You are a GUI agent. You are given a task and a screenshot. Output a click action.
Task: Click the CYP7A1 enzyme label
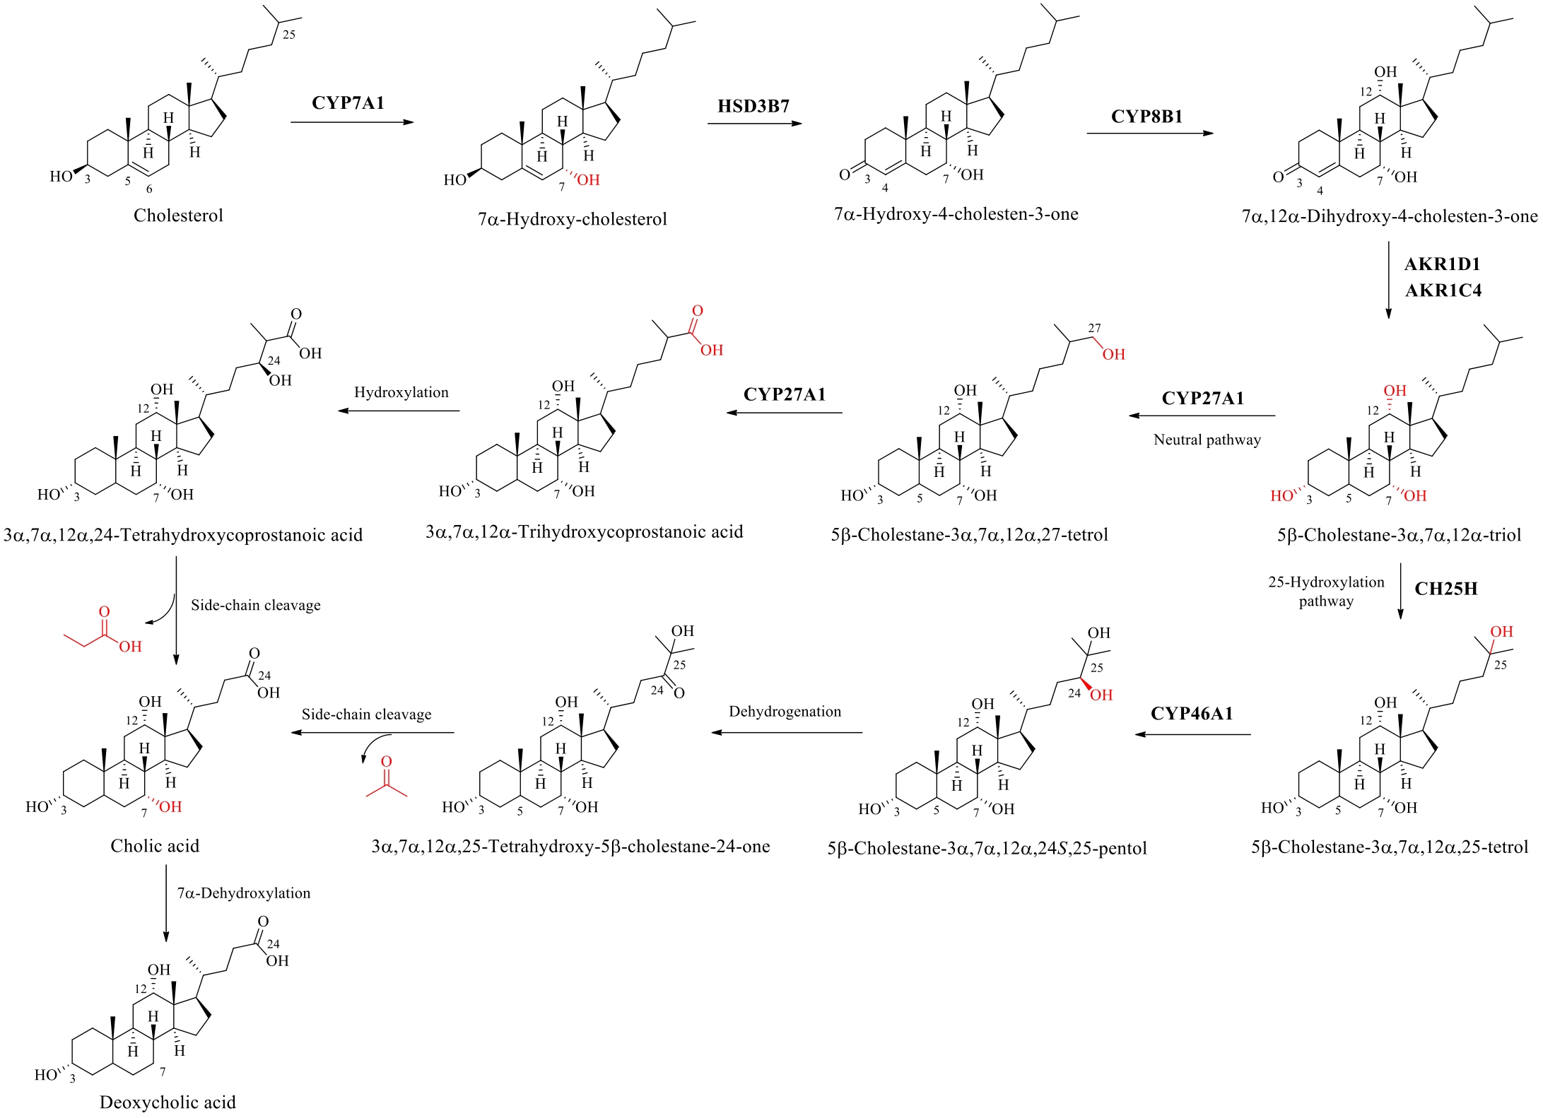pyautogui.click(x=348, y=103)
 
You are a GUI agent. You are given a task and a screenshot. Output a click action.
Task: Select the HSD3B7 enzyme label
pyautogui.click(x=753, y=107)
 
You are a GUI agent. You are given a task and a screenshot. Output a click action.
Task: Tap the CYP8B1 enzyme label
pyautogui.click(x=1146, y=117)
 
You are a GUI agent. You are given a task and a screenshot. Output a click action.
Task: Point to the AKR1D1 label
pyautogui.click(x=1442, y=264)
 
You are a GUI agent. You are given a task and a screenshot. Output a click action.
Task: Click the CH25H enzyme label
pyautogui.click(x=1445, y=589)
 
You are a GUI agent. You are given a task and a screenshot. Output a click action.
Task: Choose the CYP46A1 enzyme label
pyautogui.click(x=1192, y=714)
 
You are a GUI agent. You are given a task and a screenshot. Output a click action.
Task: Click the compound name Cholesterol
pyautogui.click(x=178, y=216)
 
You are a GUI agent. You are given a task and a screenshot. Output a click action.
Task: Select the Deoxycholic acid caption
pyautogui.click(x=168, y=1102)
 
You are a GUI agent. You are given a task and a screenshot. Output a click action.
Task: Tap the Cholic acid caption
pyautogui.click(x=155, y=846)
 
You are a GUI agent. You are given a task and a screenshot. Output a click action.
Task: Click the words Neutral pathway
pyautogui.click(x=1207, y=440)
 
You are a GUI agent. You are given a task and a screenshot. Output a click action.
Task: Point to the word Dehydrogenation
pyautogui.click(x=785, y=712)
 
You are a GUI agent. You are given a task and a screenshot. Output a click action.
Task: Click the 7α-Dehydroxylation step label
pyautogui.click(x=243, y=893)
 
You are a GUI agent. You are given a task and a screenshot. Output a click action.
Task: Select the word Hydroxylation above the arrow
pyautogui.click(x=401, y=392)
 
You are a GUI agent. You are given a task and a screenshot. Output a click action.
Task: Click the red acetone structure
pyautogui.click(x=386, y=780)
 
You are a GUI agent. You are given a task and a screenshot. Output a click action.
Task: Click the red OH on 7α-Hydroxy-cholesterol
pyautogui.click(x=587, y=180)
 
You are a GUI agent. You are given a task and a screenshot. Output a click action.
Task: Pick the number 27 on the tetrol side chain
pyautogui.click(x=1094, y=328)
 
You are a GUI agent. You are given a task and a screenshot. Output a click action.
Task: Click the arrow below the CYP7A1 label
pyautogui.click(x=351, y=123)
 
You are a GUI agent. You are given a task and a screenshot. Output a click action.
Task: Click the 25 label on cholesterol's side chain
pyautogui.click(x=289, y=35)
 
